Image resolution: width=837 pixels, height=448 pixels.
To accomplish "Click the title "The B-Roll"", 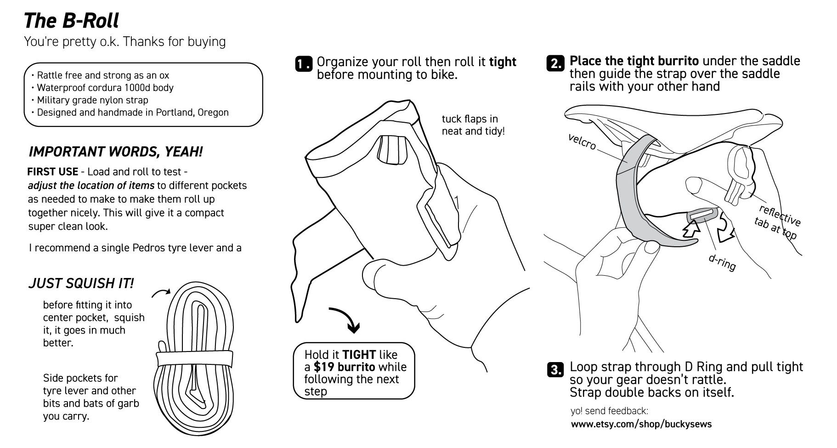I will point(71,21).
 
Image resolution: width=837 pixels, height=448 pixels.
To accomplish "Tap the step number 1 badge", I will point(303,64).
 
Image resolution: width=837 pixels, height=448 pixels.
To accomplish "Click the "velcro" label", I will point(582,142).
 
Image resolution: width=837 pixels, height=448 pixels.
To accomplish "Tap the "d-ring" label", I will point(722,262).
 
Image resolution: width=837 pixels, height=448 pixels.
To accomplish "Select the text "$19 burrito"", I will point(345,367).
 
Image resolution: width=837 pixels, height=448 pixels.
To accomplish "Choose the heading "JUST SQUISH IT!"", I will point(81,283).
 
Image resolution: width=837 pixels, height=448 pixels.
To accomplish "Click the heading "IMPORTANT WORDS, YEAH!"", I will point(115,152).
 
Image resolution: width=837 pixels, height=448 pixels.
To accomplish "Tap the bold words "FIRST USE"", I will point(52,172).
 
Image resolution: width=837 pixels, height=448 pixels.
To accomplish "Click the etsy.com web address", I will point(641,424).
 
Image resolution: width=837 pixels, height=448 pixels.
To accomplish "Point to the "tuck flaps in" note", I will point(469,119).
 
